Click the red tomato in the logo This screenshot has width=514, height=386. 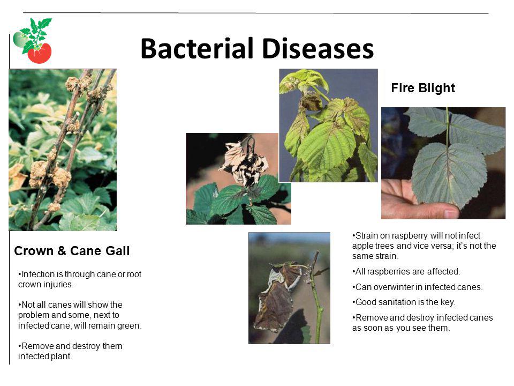(39, 53)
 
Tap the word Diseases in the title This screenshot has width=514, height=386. (318, 49)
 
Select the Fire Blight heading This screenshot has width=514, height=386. (423, 88)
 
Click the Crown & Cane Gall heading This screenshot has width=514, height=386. (72, 251)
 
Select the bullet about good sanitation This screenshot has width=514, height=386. (404, 302)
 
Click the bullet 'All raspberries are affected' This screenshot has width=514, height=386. (406, 271)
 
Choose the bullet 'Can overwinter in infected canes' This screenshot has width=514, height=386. (417, 287)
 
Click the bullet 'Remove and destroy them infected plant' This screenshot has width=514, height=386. (71, 351)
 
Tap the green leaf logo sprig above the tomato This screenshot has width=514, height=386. (36, 33)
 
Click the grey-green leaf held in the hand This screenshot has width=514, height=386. (449, 174)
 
